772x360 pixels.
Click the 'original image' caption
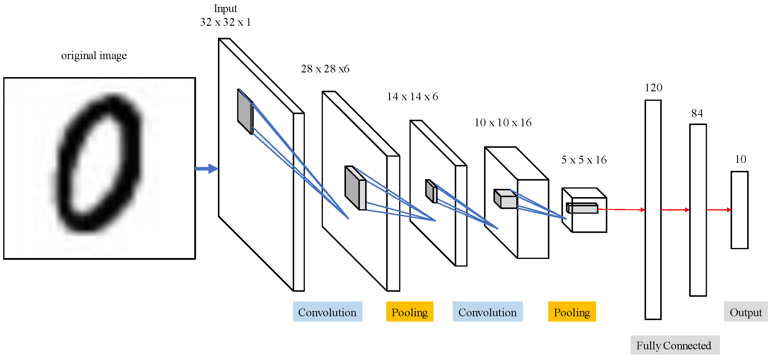[x=94, y=56]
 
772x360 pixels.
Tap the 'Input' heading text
[x=225, y=9]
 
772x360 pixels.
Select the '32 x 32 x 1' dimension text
[x=225, y=22]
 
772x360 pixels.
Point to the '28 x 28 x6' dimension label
[x=325, y=69]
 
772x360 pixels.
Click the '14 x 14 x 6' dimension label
[x=412, y=97]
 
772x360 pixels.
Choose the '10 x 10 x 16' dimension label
[x=503, y=123]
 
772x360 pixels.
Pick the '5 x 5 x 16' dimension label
[x=584, y=160]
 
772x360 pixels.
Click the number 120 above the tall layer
[x=653, y=88]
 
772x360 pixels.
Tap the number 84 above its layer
[x=697, y=113]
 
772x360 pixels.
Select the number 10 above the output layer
[x=741, y=159]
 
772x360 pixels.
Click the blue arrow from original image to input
[x=206, y=168]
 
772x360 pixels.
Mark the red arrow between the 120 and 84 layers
[x=675, y=210]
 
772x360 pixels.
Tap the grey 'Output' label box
[x=745, y=312]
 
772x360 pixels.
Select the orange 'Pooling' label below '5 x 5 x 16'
[x=572, y=312]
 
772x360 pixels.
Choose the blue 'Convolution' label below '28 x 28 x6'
[x=327, y=312]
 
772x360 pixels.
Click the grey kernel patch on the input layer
[x=245, y=111]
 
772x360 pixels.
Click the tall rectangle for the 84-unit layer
[x=698, y=210]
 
